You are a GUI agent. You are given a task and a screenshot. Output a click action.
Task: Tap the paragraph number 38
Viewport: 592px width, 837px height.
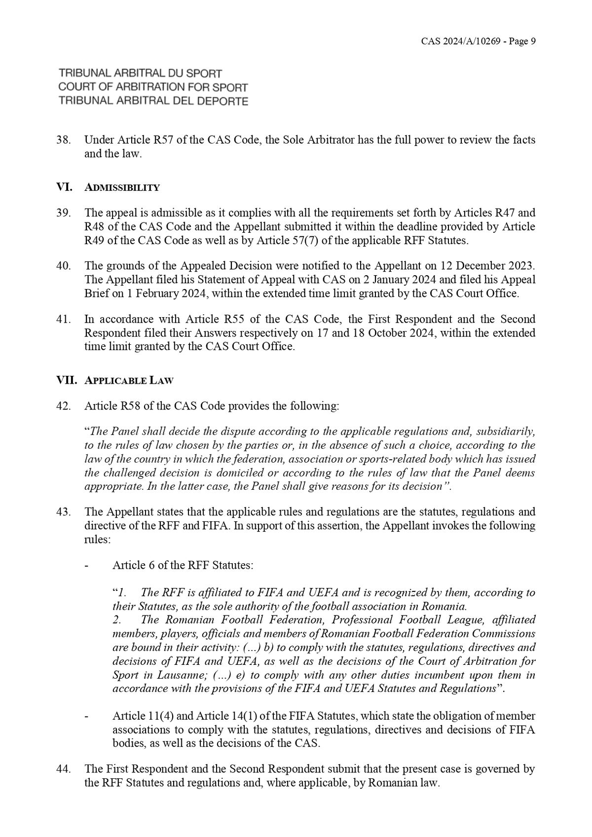point(63,140)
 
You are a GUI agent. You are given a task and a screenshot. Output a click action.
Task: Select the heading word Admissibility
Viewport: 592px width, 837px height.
point(122,188)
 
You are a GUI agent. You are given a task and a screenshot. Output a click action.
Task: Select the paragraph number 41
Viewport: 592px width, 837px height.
point(63,319)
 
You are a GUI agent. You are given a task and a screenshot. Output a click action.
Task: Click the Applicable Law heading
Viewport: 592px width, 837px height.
point(129,381)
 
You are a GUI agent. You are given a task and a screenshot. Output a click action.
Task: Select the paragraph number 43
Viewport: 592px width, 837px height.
point(63,512)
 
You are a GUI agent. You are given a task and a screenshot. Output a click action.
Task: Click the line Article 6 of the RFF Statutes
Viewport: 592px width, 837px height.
point(183,565)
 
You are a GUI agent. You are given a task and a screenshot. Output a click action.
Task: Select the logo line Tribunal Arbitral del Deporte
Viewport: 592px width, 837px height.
point(153,101)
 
